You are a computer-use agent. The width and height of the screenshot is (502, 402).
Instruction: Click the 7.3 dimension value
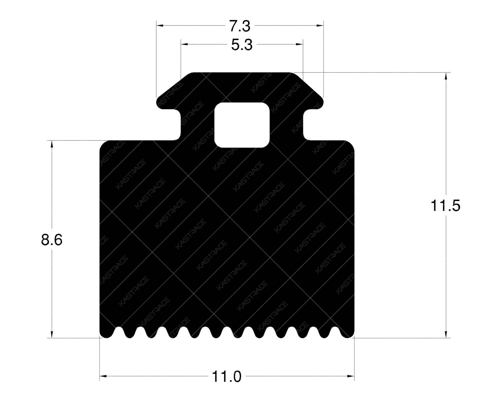click(240, 26)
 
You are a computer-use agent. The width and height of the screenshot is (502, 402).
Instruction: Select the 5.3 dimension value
click(242, 45)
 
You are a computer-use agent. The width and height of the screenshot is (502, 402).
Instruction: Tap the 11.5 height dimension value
click(445, 206)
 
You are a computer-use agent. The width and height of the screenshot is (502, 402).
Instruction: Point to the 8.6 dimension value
click(52, 240)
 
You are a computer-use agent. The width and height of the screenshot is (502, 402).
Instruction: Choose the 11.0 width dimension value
click(227, 376)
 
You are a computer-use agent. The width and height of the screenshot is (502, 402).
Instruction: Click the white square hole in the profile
click(242, 125)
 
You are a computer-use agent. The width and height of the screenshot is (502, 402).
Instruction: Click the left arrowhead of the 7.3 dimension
click(159, 25)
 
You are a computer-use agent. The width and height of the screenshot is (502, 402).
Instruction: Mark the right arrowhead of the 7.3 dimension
click(321, 25)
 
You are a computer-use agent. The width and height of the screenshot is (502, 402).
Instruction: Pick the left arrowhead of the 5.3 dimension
click(184, 44)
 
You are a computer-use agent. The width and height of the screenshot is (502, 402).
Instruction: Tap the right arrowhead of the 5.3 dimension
click(300, 44)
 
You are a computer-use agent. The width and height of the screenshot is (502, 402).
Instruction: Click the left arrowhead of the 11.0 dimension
click(103, 376)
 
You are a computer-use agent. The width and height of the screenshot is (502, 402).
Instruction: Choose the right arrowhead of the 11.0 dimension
click(351, 376)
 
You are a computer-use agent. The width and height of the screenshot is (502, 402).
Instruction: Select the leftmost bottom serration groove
click(118, 333)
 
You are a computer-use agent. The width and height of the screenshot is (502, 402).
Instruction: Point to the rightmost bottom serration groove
click(336, 333)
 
